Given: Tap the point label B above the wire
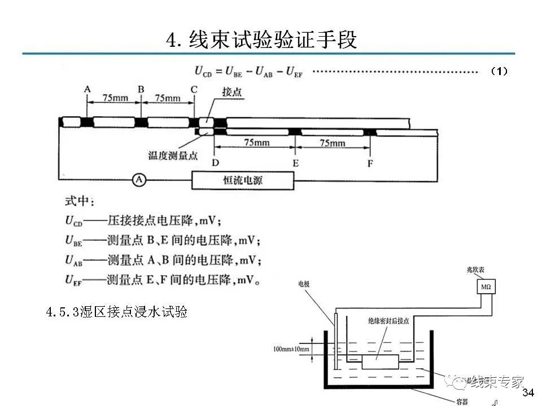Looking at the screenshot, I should (x=141, y=90).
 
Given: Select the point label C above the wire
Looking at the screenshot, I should (x=194, y=90).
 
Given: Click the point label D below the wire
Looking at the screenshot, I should (x=215, y=163).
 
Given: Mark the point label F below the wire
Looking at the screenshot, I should (x=370, y=163).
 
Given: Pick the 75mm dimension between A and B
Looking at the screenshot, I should (x=115, y=98).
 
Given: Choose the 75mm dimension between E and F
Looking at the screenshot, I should (x=332, y=143).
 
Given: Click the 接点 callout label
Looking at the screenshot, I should (x=232, y=92).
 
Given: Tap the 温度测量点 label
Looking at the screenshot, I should (x=173, y=155).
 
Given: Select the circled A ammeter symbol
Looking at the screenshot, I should (x=139, y=180).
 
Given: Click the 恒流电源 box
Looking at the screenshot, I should (x=243, y=181).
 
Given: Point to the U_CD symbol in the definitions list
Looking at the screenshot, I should (x=73, y=222).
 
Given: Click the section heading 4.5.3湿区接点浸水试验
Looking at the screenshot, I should (x=117, y=312).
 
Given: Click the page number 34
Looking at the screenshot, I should (x=528, y=392).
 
